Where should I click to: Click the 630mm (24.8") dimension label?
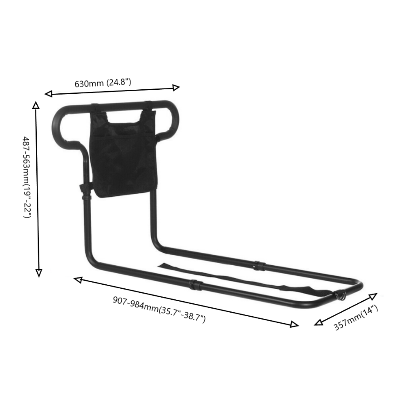click(x=103, y=83)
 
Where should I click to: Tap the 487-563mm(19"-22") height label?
click(x=27, y=177)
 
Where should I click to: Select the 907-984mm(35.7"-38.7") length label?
click(x=159, y=310)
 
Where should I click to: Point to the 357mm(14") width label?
click(x=356, y=318)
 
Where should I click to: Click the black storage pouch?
click(x=124, y=153)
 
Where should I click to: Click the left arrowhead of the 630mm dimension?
click(x=48, y=94)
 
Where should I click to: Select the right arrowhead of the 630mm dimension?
click(x=176, y=88)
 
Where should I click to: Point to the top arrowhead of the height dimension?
click(x=36, y=105)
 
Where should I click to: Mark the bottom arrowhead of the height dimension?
click(x=38, y=273)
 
